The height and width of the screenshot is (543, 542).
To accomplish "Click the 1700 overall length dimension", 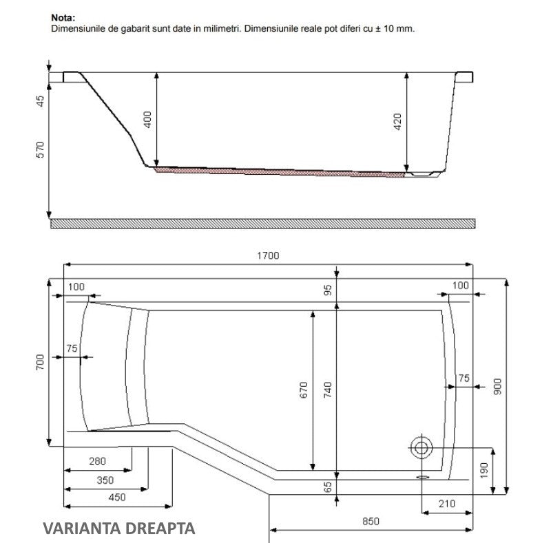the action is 268,255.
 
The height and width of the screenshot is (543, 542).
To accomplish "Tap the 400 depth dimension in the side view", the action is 147,120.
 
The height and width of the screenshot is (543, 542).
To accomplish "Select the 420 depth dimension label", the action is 397,122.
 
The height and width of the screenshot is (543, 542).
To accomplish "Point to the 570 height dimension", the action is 41,149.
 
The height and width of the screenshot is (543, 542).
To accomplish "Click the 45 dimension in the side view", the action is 41,101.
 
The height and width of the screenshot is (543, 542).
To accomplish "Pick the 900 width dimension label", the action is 497,387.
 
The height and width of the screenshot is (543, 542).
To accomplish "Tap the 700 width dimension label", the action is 40,362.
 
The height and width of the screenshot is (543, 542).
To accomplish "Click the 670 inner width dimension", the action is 304,390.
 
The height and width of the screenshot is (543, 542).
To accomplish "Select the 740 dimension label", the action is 328,390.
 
